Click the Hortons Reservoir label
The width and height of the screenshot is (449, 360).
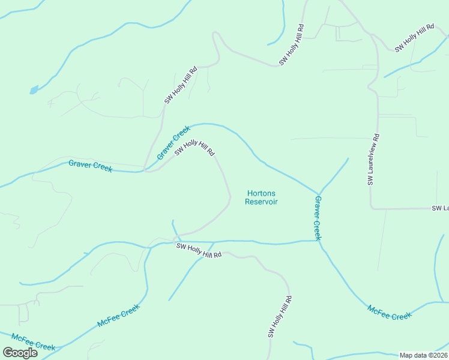(261, 197)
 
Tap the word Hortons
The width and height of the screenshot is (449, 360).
(261, 193)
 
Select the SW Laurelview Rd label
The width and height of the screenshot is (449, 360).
(373, 159)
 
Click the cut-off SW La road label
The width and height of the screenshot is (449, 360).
(440, 208)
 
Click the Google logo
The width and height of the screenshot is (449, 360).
(20, 352)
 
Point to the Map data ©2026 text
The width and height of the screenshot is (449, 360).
(423, 355)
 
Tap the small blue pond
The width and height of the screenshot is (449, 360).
(34, 91)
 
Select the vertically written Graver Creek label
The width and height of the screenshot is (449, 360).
(318, 218)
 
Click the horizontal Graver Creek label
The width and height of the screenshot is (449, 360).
(90, 166)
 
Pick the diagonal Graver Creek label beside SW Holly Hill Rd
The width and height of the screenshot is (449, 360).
(173, 142)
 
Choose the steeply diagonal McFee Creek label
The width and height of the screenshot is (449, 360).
(118, 316)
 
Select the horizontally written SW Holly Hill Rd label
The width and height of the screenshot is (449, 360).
(199, 250)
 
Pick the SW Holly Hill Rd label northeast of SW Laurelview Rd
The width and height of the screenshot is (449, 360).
(414, 38)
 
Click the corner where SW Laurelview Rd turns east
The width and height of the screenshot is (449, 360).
(372, 208)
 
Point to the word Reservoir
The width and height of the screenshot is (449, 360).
(261, 202)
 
